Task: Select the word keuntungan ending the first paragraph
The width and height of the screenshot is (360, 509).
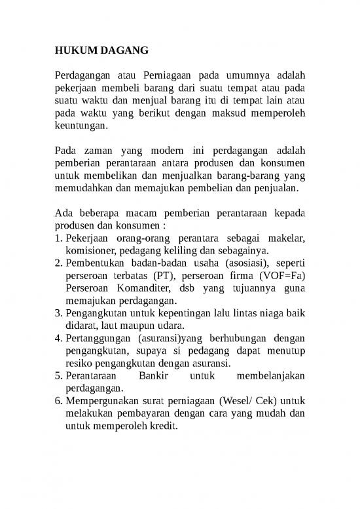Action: tap(78, 126)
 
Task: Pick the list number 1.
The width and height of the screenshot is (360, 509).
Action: tap(57, 238)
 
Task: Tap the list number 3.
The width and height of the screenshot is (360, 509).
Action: tap(57, 313)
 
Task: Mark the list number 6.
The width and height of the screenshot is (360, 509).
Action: tap(57, 400)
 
